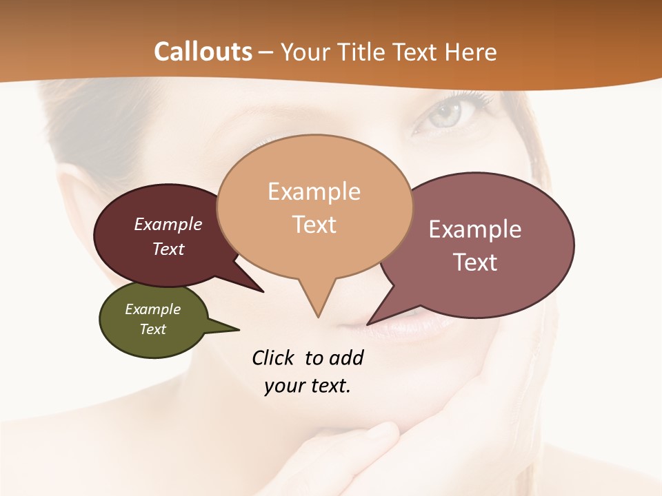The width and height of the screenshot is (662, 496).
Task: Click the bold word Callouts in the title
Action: point(203,52)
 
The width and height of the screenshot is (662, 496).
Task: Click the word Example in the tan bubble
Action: point(314,192)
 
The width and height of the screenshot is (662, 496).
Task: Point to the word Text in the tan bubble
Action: point(314,224)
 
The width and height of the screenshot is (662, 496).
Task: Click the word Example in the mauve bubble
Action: point(474,229)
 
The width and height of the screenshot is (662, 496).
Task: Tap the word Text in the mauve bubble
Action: point(474,262)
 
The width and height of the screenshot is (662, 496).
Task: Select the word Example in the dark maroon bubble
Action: point(168,225)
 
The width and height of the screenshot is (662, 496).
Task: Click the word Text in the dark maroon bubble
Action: point(168,249)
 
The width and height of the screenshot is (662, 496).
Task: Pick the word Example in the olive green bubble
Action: point(152,309)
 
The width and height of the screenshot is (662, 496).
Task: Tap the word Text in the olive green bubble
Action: point(152,329)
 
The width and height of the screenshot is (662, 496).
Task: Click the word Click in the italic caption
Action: point(274,358)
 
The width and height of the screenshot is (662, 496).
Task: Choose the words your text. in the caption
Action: point(307,386)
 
